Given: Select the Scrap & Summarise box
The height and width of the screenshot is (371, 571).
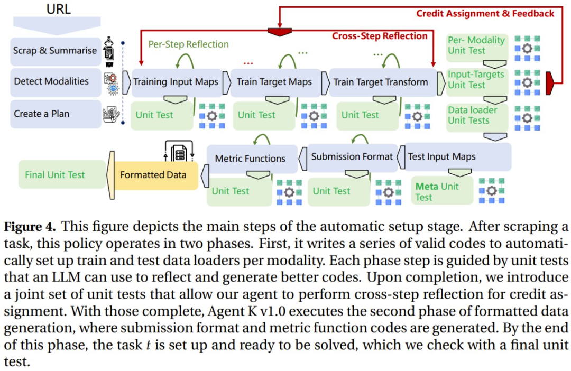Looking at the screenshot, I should pyautogui.click(x=55, y=51).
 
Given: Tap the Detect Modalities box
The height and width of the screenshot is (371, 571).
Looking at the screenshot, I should pyautogui.click(x=51, y=81).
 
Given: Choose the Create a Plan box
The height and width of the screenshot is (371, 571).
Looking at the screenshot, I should pyautogui.click(x=42, y=113).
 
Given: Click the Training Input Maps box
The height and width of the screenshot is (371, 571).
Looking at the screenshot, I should pyautogui.click(x=175, y=82).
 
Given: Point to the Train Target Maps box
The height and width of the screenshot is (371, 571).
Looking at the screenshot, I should pyautogui.click(x=274, y=82).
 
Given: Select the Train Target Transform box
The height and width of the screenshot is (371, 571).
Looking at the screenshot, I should pyautogui.click(x=381, y=82).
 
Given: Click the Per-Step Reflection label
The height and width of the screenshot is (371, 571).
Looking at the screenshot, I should pyautogui.click(x=188, y=44).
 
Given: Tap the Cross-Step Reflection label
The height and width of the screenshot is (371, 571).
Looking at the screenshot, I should pyautogui.click(x=379, y=36).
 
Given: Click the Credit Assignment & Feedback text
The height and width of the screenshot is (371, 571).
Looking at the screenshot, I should pyautogui.click(x=485, y=13).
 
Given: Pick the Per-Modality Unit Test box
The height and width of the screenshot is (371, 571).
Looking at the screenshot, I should pyautogui.click(x=476, y=45).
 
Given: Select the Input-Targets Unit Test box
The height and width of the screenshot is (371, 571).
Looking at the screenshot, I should pyautogui.click(x=476, y=79).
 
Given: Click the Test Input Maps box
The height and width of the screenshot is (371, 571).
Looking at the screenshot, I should pyautogui.click(x=441, y=156).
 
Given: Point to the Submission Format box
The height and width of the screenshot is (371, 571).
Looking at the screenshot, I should pyautogui.click(x=352, y=156).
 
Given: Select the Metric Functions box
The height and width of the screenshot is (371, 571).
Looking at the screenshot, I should pyautogui.click(x=251, y=158).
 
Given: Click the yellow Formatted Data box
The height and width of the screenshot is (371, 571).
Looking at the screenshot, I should pyautogui.click(x=153, y=174).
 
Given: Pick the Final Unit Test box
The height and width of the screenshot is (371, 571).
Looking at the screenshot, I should pyautogui.click(x=55, y=174).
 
